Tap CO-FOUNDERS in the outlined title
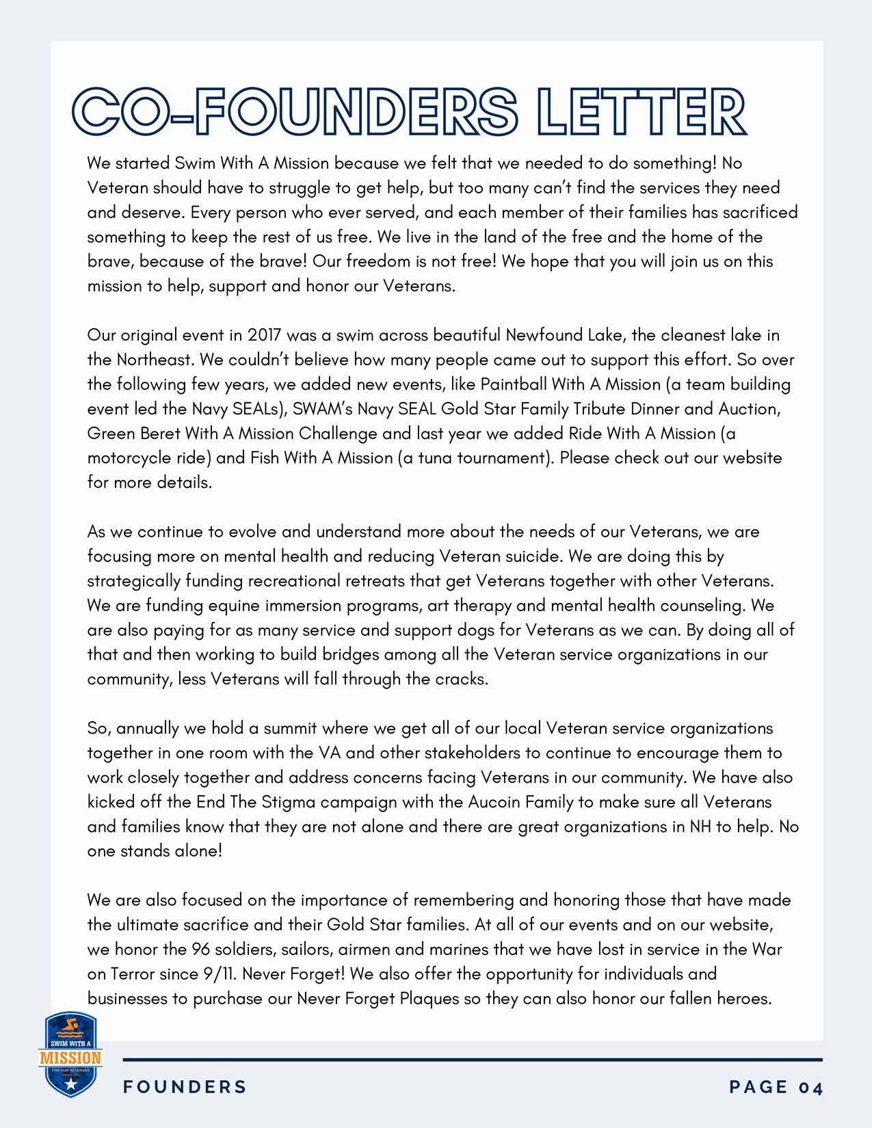pos(295,112)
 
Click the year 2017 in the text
pos(265,336)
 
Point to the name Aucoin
pos(493,802)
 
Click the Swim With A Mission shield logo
pos(70,1055)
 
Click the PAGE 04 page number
pos(776,1087)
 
